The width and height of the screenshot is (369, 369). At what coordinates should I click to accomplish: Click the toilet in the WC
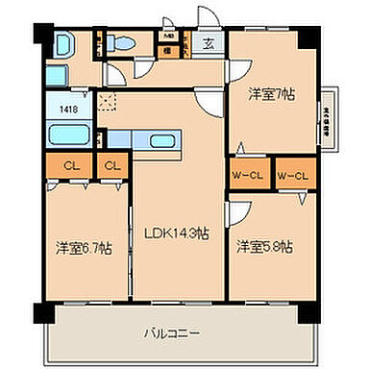coord(121,42)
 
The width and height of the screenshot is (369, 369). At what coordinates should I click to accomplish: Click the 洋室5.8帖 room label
coord(265,245)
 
